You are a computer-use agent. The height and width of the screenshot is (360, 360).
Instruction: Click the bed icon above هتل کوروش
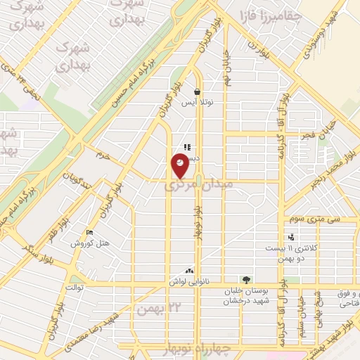[87, 233]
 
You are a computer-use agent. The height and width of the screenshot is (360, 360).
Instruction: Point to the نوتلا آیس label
[198, 103]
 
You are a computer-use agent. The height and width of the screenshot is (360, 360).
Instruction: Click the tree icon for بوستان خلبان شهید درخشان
[245, 279]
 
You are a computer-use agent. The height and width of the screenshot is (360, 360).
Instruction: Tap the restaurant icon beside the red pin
[187, 147]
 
